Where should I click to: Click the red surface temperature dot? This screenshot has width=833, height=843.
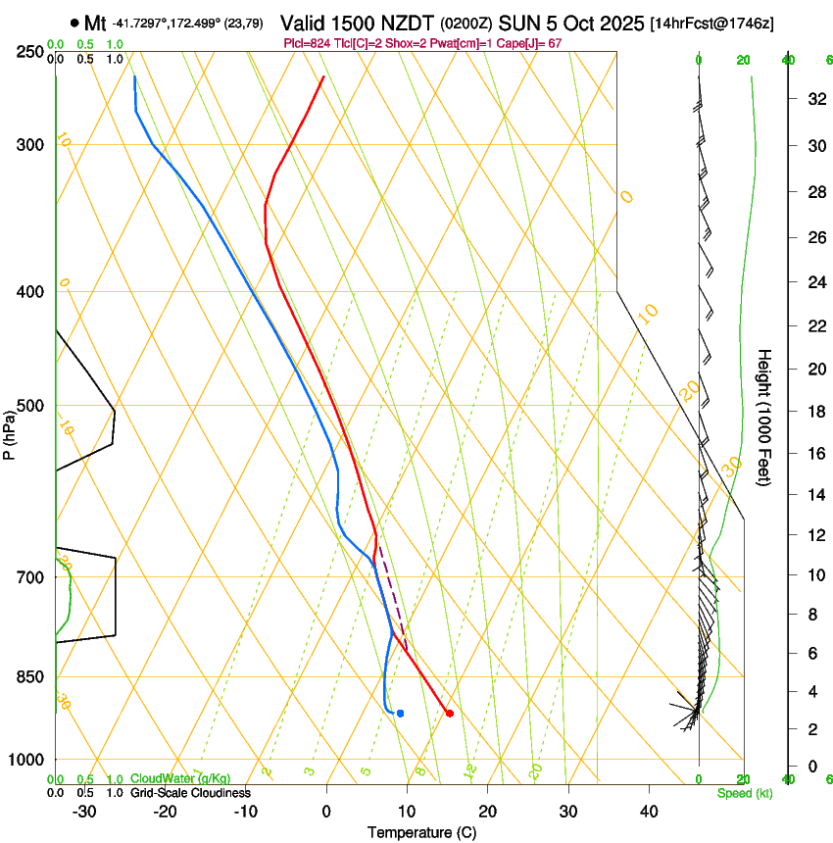pos(449,713)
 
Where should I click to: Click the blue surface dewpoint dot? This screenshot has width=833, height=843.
pos(400,713)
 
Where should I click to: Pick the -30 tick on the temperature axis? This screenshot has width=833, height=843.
pos(84,812)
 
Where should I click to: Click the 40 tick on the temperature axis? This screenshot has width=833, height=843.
pos(648,812)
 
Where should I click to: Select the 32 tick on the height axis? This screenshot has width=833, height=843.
pos(813,98)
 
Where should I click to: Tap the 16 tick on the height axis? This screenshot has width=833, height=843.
pos(813,453)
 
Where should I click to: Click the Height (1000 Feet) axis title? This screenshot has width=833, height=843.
pos(764,418)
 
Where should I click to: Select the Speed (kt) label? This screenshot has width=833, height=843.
pos(744,793)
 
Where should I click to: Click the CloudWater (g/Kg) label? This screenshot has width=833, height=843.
pos(180,778)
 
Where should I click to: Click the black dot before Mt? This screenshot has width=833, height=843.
pos(74,22)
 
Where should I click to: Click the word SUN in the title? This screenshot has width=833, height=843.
pos(518,22)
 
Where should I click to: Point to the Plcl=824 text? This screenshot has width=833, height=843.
pos(308,43)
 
